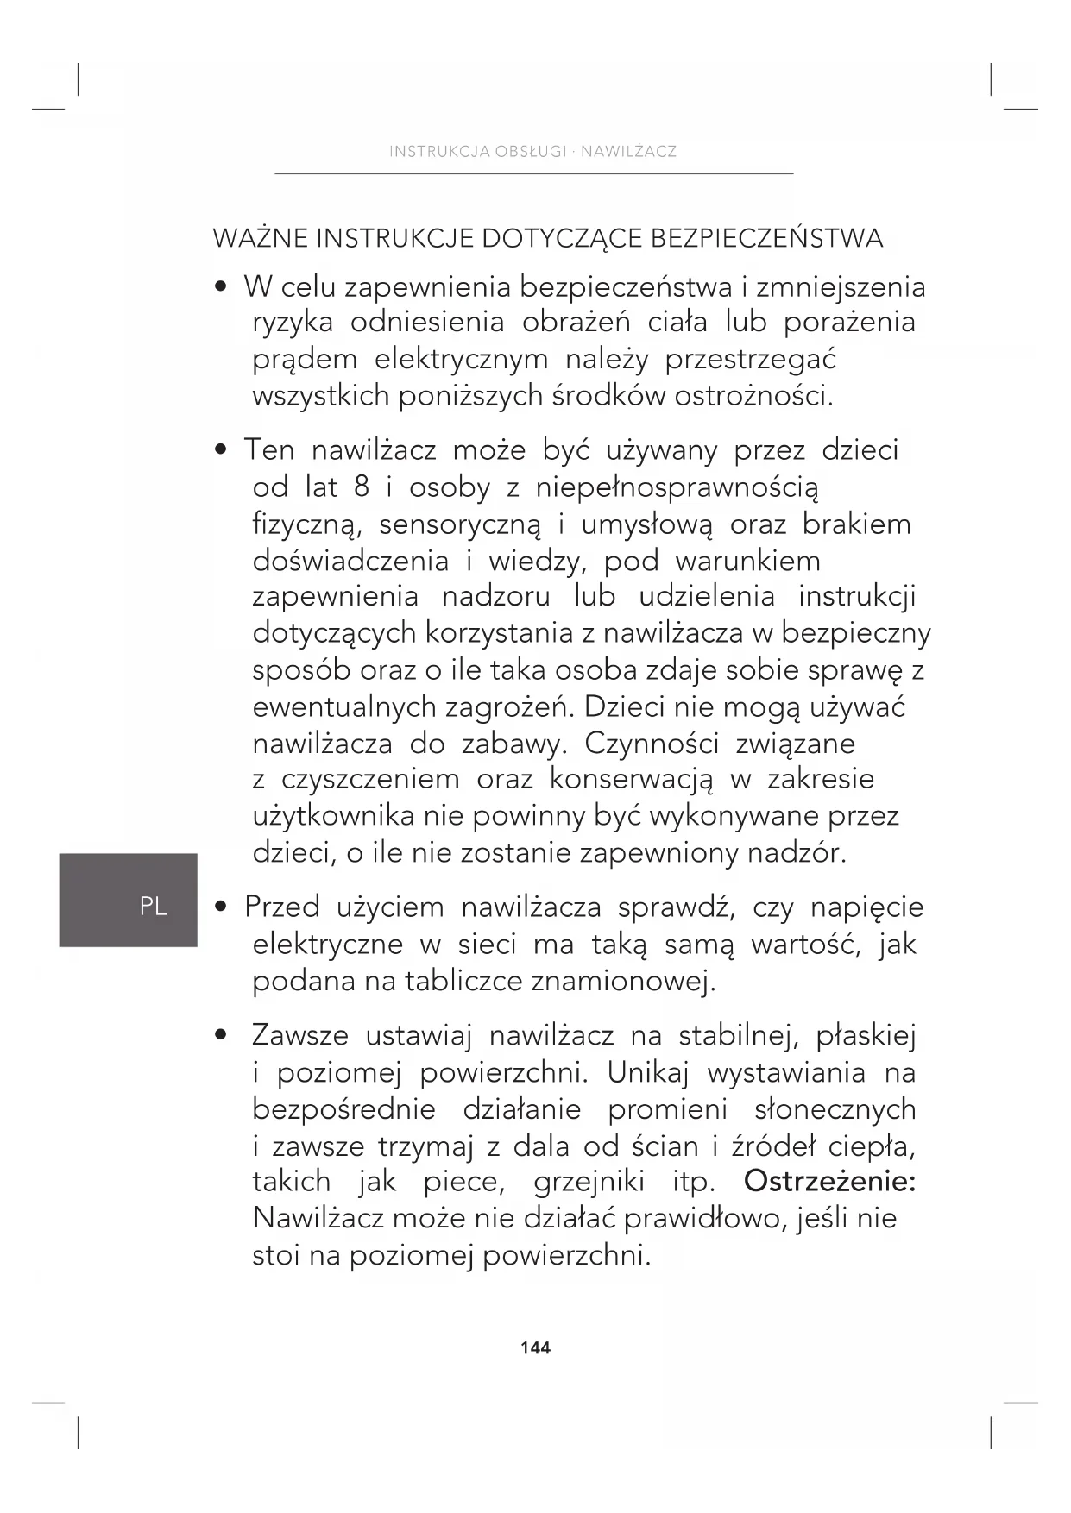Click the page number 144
(535, 1347)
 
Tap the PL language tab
(153, 906)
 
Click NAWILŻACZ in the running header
(628, 152)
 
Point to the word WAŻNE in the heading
(260, 238)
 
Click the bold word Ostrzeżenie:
(829, 1181)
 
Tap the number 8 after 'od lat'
(362, 487)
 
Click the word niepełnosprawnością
(677, 487)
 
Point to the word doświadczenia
(350, 561)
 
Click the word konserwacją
(632, 779)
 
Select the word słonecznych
(835, 1108)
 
